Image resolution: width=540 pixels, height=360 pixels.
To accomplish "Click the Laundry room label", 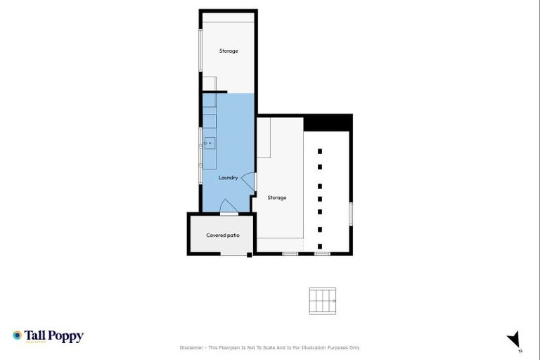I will pyautogui.click(x=228, y=178).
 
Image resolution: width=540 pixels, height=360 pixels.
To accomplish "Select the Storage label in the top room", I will pyautogui.click(x=228, y=51).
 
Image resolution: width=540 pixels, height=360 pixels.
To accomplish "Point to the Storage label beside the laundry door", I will pyautogui.click(x=277, y=198).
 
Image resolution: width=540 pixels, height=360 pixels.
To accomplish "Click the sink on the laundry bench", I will pyautogui.click(x=209, y=143).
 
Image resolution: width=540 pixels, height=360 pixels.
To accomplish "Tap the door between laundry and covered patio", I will pyautogui.click(x=229, y=206).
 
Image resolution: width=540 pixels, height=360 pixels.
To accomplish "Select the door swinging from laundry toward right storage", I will pyautogui.click(x=247, y=179).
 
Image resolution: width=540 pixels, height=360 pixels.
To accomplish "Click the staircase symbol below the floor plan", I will pyautogui.click(x=323, y=301).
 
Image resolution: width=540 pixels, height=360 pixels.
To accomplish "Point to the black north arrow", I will pyautogui.click(x=515, y=339).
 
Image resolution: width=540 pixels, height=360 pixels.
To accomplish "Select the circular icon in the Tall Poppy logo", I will pyautogui.click(x=17, y=335).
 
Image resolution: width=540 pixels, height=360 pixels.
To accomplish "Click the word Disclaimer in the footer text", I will pyautogui.click(x=192, y=347).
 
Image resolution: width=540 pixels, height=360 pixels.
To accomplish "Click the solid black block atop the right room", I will pyautogui.click(x=327, y=122).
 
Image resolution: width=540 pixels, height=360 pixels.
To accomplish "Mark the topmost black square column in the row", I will pyautogui.click(x=320, y=150).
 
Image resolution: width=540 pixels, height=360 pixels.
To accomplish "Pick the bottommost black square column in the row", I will pyautogui.click(x=320, y=246).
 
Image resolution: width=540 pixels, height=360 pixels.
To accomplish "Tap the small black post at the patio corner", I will pyautogui.click(x=249, y=255).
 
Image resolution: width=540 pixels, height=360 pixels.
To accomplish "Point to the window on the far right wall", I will pyautogui.click(x=350, y=213).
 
